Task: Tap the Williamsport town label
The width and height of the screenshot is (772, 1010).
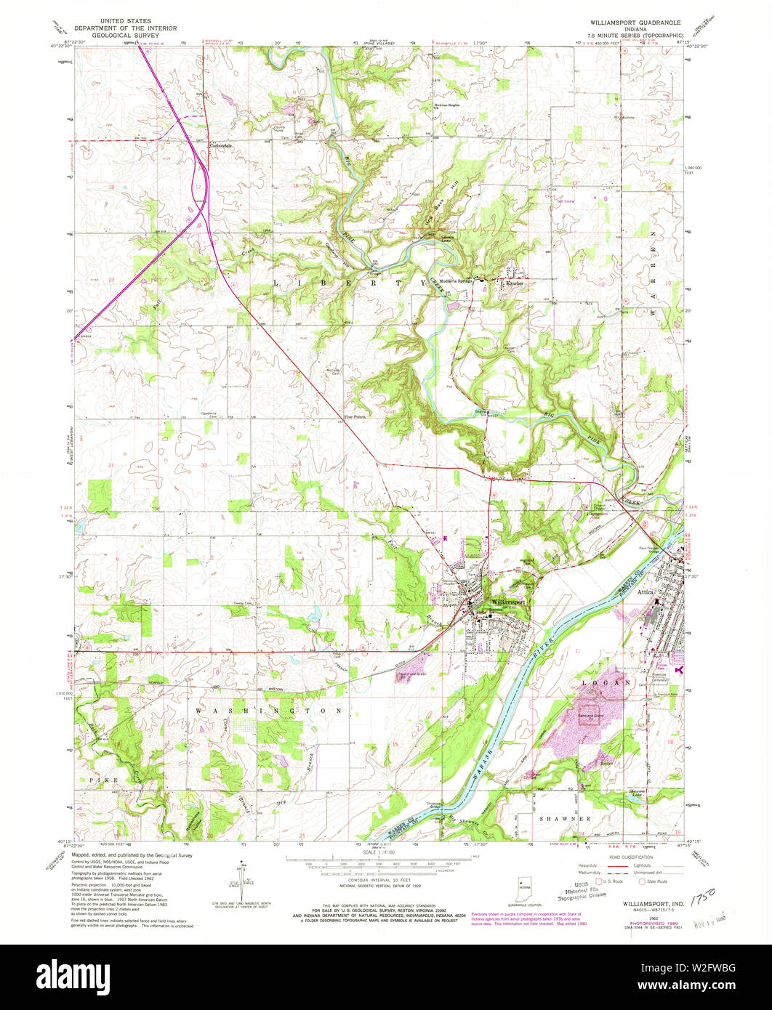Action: pyautogui.click(x=507, y=602)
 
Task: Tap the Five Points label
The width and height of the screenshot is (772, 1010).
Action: pyautogui.click(x=354, y=417)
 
